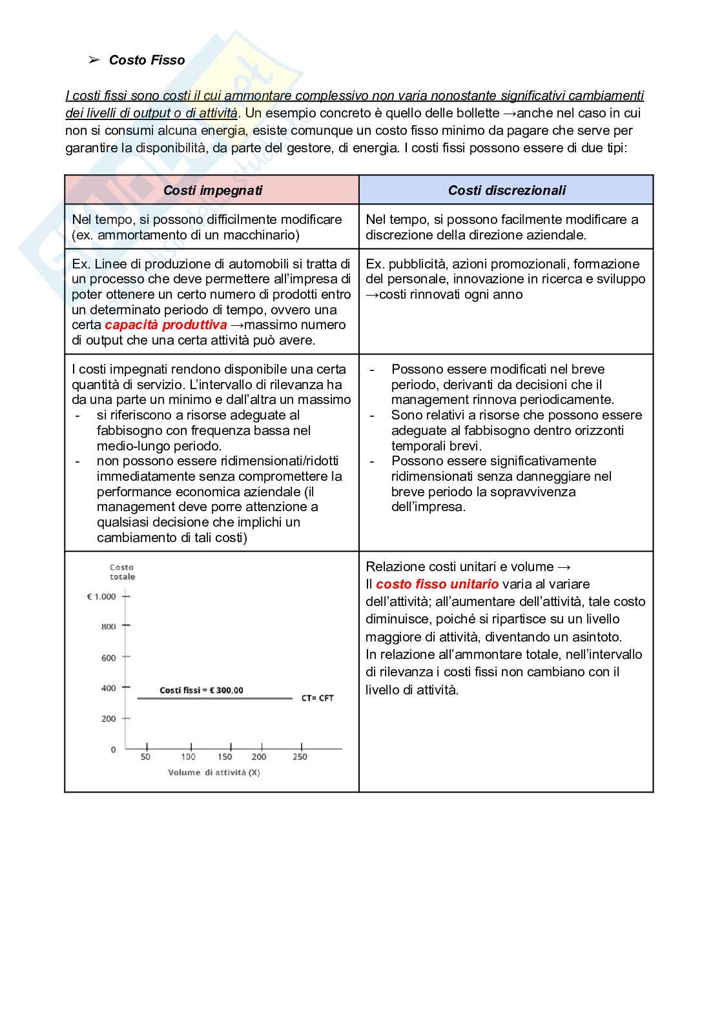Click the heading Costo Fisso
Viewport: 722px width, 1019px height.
[x=147, y=60]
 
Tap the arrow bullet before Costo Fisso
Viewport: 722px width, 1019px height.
[x=94, y=60]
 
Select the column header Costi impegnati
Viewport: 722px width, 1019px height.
[x=212, y=190]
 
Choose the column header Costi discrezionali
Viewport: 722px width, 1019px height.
[x=506, y=190]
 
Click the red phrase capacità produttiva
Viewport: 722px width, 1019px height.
[x=166, y=325]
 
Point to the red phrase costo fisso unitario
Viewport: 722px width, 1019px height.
[x=437, y=584]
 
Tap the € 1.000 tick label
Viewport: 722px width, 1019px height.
[x=101, y=597]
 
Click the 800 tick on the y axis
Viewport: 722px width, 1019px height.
[x=108, y=627]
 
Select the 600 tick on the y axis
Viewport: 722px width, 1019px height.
[x=108, y=658]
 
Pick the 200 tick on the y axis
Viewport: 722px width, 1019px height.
[x=108, y=719]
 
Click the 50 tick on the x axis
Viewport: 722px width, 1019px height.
[x=145, y=757]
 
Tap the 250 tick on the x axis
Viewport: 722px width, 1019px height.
[x=300, y=757]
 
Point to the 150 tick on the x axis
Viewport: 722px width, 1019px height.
[x=225, y=757]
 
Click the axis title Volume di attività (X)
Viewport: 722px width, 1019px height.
[x=214, y=772]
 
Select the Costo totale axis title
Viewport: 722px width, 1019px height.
[x=122, y=572]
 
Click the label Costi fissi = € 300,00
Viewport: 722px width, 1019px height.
[x=201, y=691]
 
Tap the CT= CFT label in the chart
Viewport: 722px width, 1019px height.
[x=317, y=698]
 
